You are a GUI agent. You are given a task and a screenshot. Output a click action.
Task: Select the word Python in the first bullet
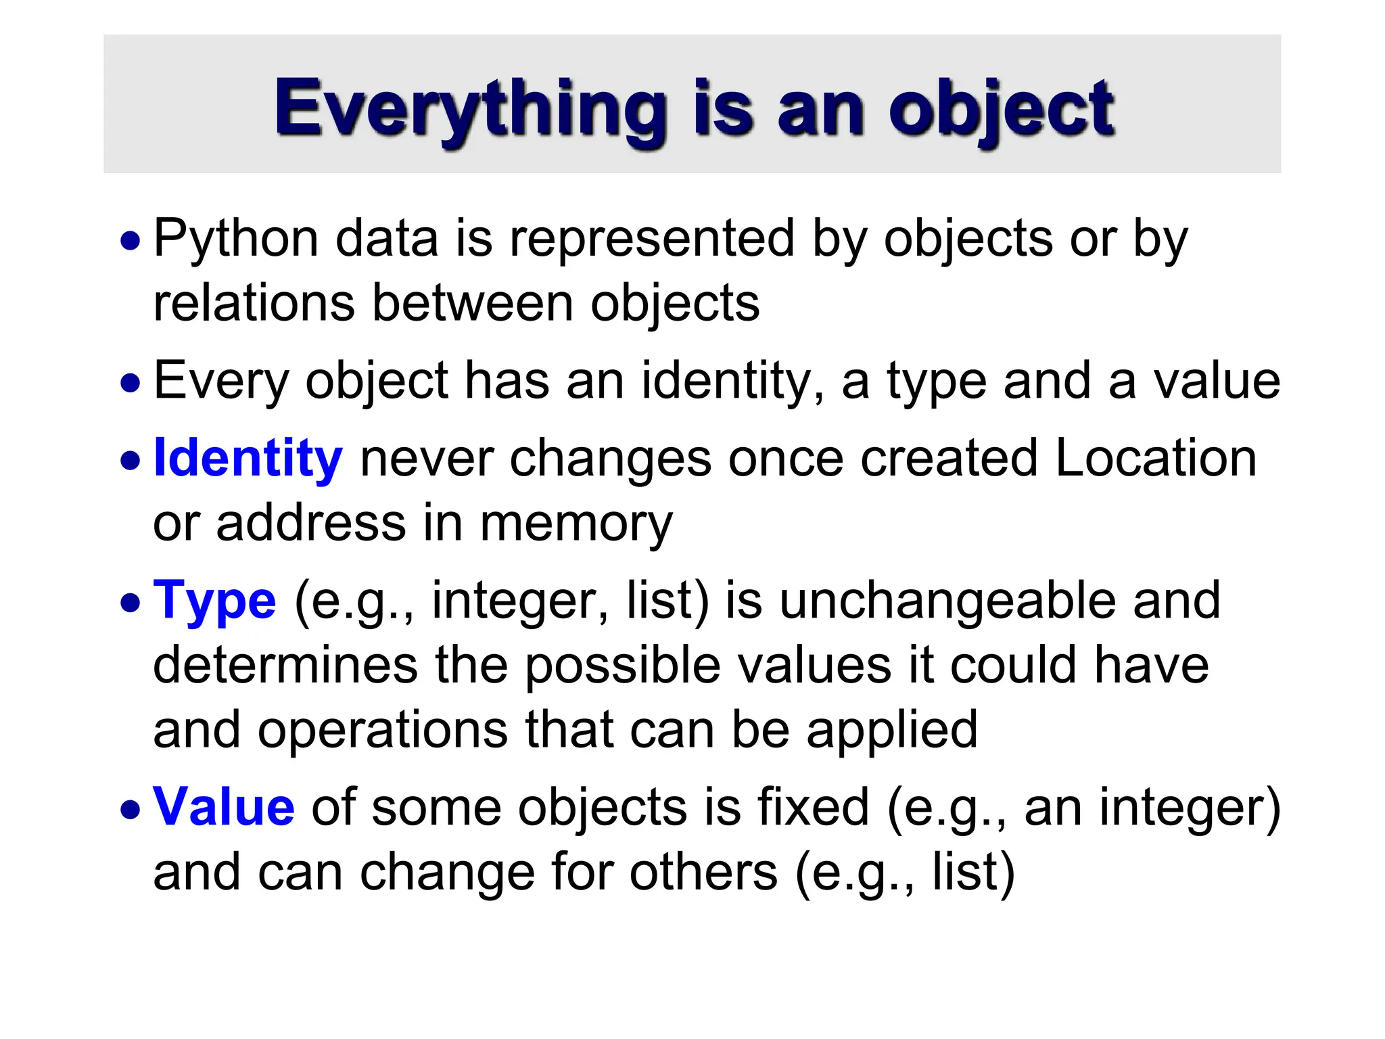click(236, 239)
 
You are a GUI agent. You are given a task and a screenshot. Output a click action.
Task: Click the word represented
click(651, 239)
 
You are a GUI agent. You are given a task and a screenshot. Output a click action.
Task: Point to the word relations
click(254, 303)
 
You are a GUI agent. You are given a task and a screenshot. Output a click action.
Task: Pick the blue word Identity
click(248, 458)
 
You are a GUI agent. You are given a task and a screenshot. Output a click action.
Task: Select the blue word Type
click(214, 601)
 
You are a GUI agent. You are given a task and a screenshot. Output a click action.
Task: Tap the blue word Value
click(224, 806)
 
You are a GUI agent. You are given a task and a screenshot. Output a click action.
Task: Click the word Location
click(1155, 458)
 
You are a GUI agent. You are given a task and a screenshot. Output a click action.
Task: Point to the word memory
click(576, 523)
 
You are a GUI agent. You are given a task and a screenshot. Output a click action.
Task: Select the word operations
click(383, 729)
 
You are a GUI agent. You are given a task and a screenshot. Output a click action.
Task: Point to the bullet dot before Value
click(131, 809)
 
